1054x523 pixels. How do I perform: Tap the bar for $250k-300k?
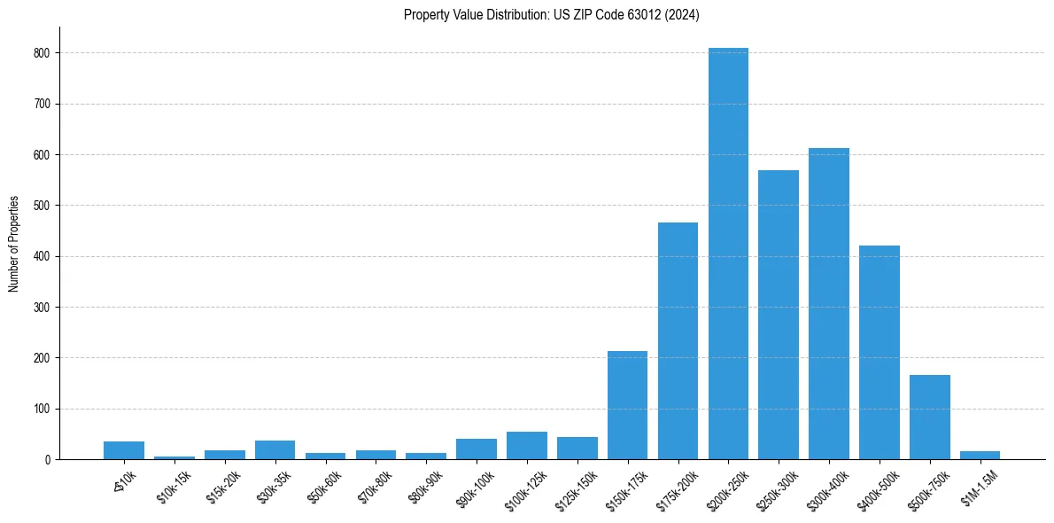(779, 315)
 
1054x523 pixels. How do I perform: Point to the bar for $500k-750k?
(930, 418)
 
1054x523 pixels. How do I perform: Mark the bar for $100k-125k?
(527, 446)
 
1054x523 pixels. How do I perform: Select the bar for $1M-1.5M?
(980, 456)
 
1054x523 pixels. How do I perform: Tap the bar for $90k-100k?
(477, 449)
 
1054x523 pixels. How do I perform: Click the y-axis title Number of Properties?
(14, 244)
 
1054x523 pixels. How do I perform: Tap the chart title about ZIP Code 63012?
(551, 15)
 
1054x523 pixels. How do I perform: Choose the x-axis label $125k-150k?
(576, 486)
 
